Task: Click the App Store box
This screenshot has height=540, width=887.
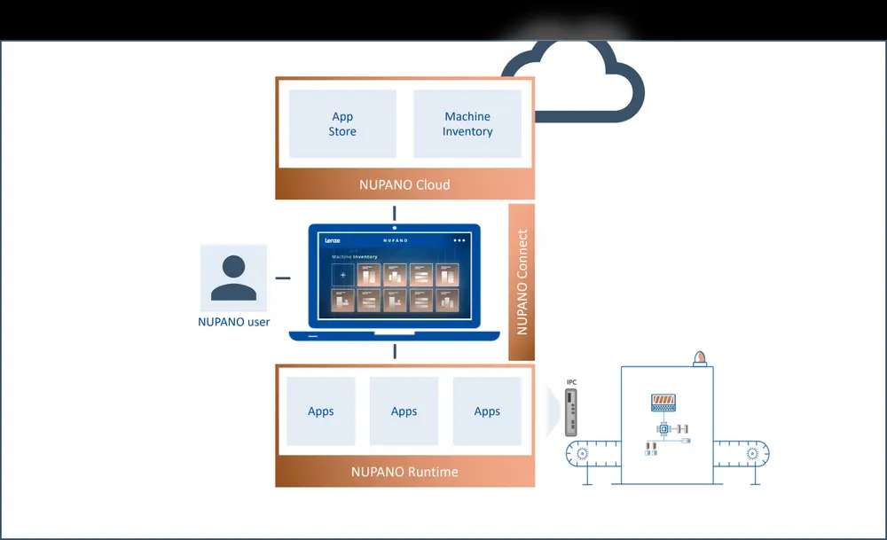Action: (x=342, y=124)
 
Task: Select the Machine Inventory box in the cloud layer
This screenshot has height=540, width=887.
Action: (x=467, y=124)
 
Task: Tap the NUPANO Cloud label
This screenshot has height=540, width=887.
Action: (x=404, y=184)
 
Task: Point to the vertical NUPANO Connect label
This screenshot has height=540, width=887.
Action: (x=522, y=282)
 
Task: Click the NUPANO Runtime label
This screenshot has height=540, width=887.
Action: (x=404, y=471)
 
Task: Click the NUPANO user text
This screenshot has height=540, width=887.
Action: (x=234, y=322)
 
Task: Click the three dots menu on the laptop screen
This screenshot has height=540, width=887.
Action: (x=459, y=240)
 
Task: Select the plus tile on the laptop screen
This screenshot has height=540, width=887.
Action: (x=342, y=275)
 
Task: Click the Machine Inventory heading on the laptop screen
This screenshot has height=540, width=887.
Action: (x=354, y=257)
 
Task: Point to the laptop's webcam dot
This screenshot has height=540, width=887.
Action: (x=395, y=229)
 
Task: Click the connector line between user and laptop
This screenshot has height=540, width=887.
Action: (x=283, y=278)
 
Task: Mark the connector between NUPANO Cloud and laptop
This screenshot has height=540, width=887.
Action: (x=395, y=213)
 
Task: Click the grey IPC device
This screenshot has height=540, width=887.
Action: (x=572, y=411)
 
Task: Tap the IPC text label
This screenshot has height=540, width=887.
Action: (x=571, y=382)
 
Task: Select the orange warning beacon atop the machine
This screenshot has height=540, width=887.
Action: (x=700, y=357)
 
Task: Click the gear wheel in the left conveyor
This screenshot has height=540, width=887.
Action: (x=582, y=453)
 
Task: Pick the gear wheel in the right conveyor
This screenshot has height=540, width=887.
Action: (x=753, y=453)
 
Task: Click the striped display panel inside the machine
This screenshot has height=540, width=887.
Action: (x=663, y=403)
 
